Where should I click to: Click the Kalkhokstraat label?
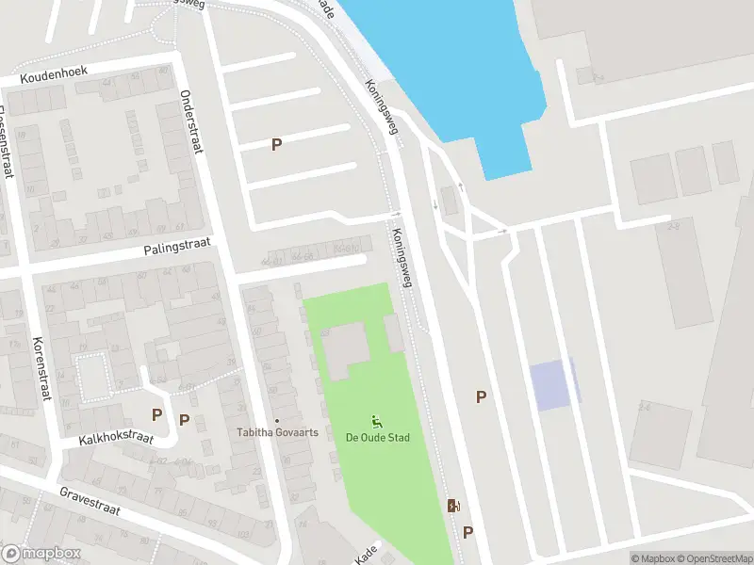coord(116,439)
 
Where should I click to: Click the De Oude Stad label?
coord(377,438)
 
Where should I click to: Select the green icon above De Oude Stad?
coord(377,421)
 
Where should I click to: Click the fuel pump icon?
coord(453,506)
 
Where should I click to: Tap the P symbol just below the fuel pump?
coord(467,532)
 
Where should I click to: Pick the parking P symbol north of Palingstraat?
coord(276,144)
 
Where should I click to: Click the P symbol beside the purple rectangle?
coord(481,397)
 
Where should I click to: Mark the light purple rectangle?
coord(552,385)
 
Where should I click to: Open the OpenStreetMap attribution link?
coord(713,558)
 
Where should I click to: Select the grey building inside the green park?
coord(347,345)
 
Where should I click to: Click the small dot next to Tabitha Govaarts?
coord(277,421)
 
